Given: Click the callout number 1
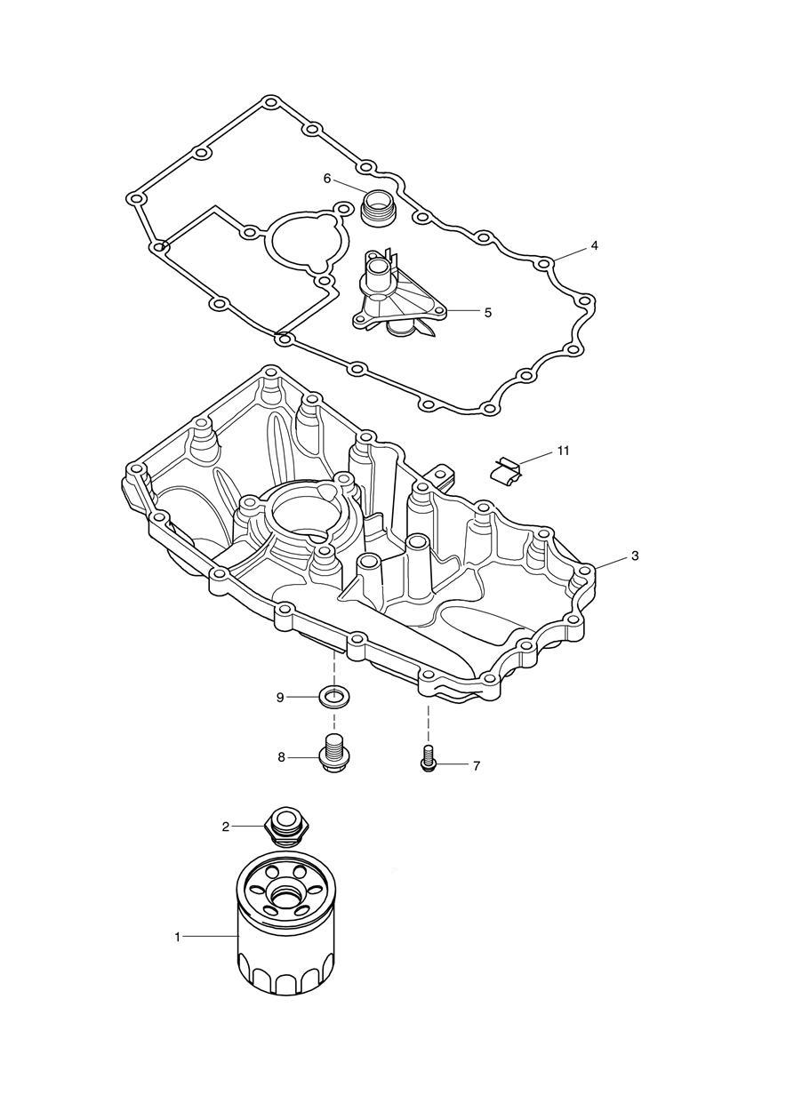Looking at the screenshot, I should (178, 937).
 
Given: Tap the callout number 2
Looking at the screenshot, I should (226, 827).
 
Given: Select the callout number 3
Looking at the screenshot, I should (635, 555).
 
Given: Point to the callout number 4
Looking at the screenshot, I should (594, 245).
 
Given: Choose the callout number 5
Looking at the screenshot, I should (487, 312).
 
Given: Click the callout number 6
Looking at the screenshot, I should (327, 179).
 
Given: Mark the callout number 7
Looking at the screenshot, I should (476, 765).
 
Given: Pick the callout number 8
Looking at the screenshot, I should (282, 757).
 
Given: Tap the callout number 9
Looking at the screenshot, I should (280, 698).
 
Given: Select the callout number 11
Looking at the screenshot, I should (563, 451).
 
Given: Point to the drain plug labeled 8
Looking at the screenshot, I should (334, 755).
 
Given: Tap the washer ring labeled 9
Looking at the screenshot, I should (334, 695).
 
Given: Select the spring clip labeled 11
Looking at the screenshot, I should (508, 469).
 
